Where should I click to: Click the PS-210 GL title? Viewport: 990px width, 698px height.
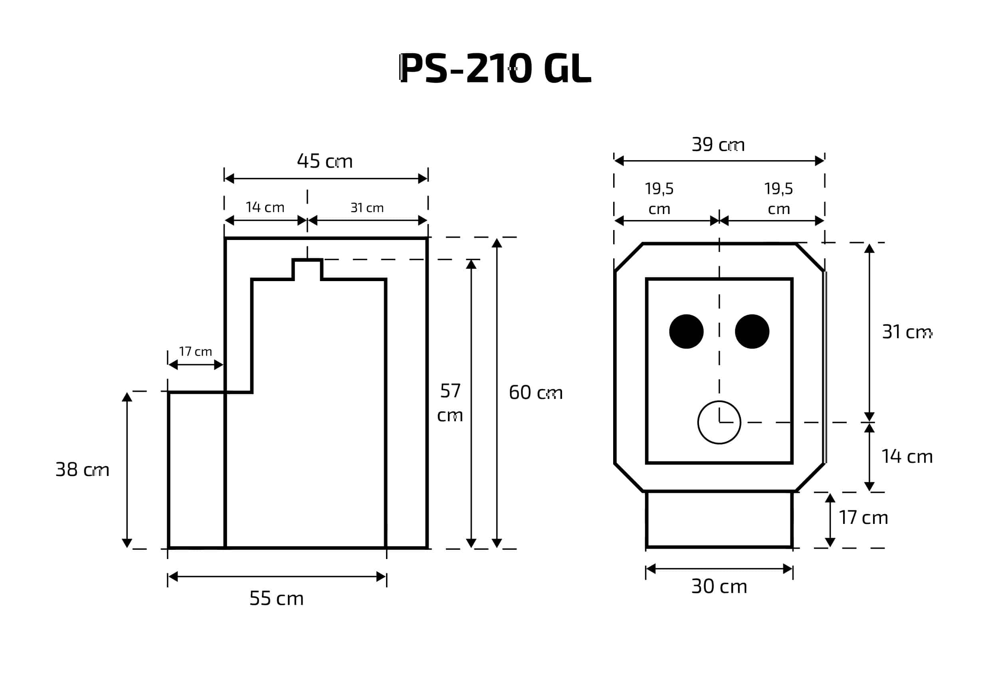495,68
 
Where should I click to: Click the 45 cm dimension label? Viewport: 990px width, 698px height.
325,161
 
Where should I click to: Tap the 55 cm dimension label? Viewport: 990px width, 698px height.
276,598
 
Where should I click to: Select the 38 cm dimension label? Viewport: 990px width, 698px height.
82,469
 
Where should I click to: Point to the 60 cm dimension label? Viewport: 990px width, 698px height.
536,393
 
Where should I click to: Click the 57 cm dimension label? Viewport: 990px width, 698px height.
450,403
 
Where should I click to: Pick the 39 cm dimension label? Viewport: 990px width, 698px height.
718,145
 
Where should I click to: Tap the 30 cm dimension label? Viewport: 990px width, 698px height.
719,586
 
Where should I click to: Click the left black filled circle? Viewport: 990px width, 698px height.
687,331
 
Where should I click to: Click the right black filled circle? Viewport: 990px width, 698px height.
752,331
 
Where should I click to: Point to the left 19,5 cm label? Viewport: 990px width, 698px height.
659,198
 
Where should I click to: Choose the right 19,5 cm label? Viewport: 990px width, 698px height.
778,198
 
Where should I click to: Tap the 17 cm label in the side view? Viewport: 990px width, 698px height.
195,351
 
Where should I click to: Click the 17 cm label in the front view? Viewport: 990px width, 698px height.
863,518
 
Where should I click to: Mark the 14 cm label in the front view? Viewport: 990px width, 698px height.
907,456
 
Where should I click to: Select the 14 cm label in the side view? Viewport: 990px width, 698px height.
265,208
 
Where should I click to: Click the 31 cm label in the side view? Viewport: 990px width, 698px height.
367,208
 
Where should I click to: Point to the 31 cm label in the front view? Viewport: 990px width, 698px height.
907,332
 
